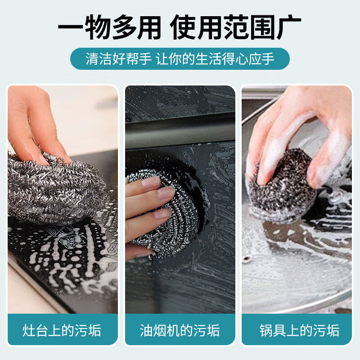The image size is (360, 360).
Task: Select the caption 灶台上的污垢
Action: click(x=63, y=331)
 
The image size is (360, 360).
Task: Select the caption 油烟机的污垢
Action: click(x=180, y=331)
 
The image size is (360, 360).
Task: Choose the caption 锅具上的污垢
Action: click(x=297, y=331)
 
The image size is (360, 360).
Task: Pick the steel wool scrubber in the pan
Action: click(x=283, y=184)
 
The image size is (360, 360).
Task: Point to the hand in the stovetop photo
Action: click(x=36, y=121)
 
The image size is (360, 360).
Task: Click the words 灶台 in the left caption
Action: click(x=36, y=331)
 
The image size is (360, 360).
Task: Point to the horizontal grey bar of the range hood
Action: click(x=180, y=130)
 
